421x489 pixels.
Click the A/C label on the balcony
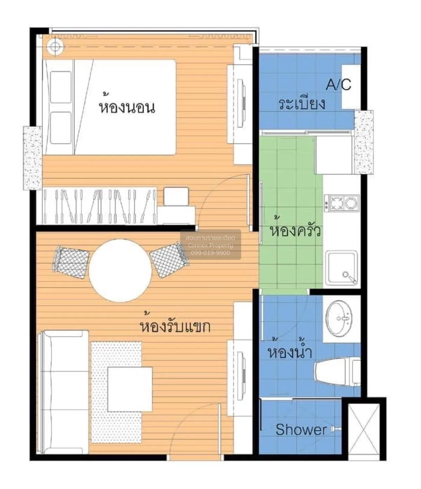pyautogui.click(x=339, y=85)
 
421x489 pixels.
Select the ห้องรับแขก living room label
pyautogui.click(x=175, y=324)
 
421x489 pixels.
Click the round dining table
pyautogui.click(x=120, y=271)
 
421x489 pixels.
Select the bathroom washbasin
pyautogui.click(x=339, y=319)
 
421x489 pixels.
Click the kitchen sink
pyautogui.click(x=341, y=268)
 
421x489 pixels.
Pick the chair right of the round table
pyautogui.click(x=169, y=259)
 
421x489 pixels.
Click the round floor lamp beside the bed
pyautogui.click(x=55, y=47)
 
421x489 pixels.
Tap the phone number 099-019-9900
pyautogui.click(x=210, y=253)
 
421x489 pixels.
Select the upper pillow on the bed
pyautogui.click(x=61, y=87)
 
